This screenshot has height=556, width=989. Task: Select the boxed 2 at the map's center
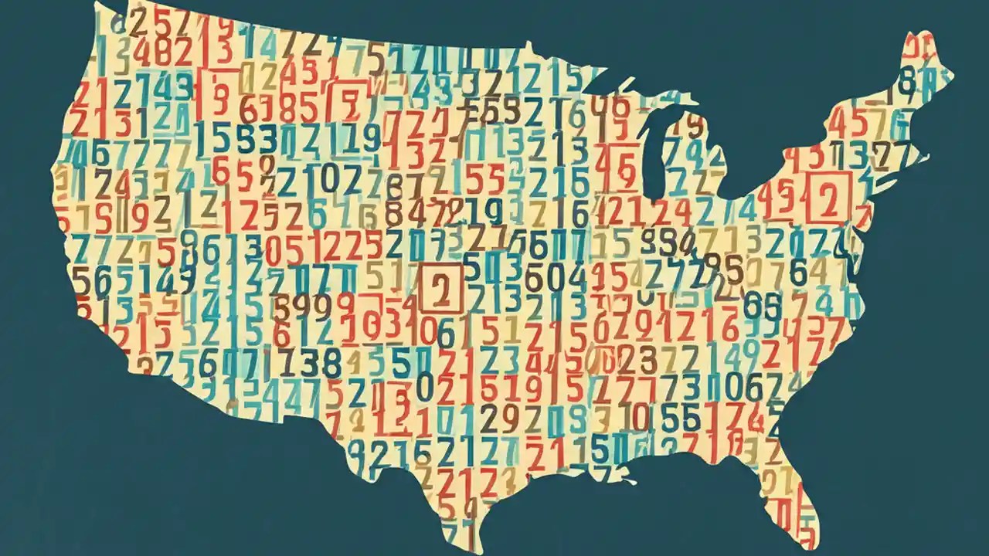(440, 287)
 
